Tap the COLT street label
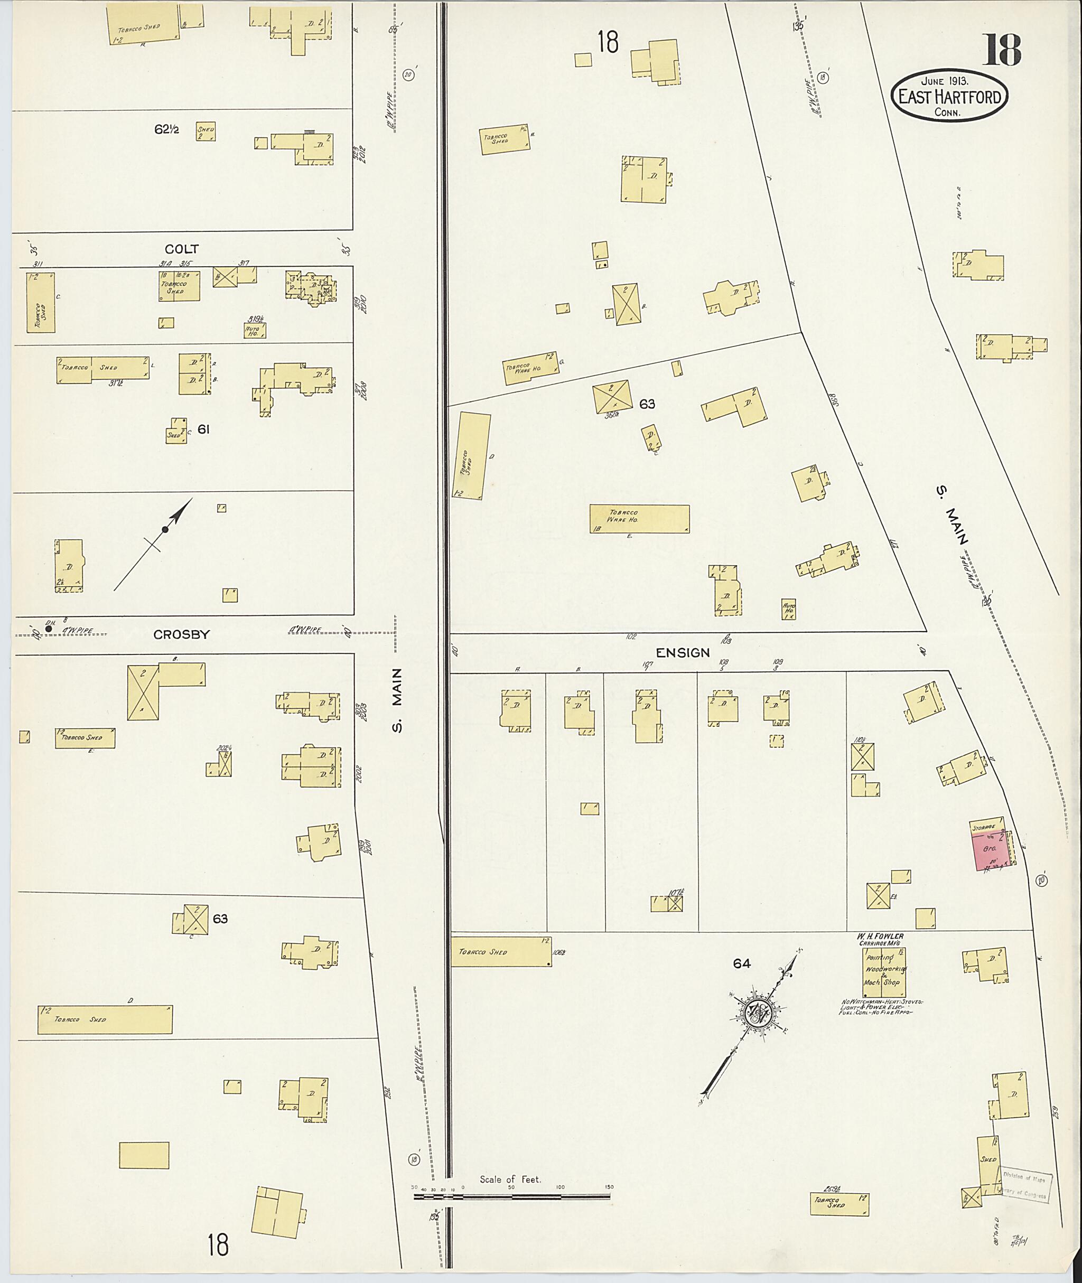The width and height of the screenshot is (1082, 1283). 182,249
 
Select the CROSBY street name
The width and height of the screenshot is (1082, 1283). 182,635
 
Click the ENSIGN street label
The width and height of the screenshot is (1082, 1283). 683,653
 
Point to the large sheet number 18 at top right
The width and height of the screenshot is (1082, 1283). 1002,50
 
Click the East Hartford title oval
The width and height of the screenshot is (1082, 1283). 949,96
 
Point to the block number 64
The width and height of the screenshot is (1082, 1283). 742,964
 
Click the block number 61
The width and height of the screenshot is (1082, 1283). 203,429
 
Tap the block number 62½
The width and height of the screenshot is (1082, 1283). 166,129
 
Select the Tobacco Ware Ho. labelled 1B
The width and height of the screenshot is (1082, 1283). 639,518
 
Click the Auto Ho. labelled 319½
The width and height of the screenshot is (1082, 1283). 255,331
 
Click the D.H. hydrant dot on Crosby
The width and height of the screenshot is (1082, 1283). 49,629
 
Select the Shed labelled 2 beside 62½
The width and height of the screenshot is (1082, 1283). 206,132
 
